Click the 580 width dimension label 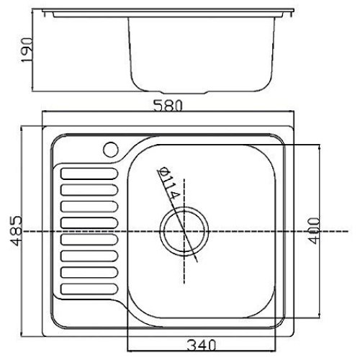(168, 106)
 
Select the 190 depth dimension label (27, 50)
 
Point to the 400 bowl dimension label (314, 230)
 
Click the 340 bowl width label (202, 346)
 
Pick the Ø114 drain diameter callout (168, 183)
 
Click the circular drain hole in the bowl (184, 231)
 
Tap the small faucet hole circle (111, 150)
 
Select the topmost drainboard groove (89, 174)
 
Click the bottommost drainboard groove (89, 289)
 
